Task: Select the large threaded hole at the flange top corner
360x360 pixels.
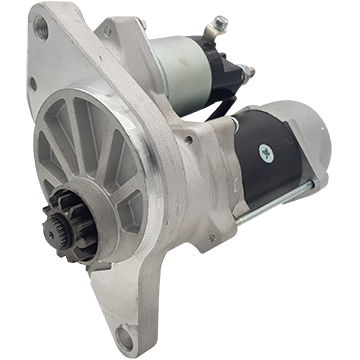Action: click(41, 26)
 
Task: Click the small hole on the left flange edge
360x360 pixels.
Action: click(33, 84)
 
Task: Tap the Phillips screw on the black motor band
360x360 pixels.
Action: click(265, 152)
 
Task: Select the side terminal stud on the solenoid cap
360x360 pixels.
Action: click(247, 72)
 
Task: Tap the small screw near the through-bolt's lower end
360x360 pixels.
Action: click(212, 238)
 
